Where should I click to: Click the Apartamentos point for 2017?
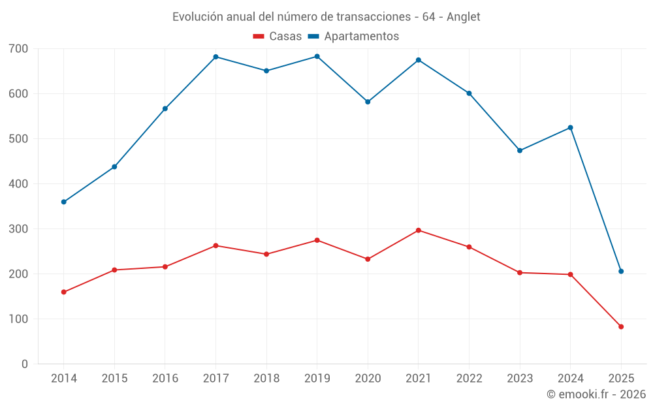(x=215, y=57)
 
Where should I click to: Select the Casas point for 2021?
(x=419, y=230)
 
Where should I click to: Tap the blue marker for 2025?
(x=621, y=272)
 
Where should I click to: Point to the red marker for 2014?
(x=63, y=292)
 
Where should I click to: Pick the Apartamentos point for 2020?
(x=368, y=102)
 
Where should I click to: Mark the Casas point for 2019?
(x=317, y=240)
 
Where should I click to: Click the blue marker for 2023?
(x=520, y=151)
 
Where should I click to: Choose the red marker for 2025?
(x=621, y=327)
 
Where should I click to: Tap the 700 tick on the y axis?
(x=19, y=48)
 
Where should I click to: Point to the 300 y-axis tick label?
(x=19, y=228)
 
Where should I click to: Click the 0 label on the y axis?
(x=25, y=364)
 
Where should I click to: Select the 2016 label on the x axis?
(x=165, y=379)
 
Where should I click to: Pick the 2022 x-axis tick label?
(x=469, y=379)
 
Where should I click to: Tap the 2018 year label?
(x=266, y=379)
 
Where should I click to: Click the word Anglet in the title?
(x=463, y=17)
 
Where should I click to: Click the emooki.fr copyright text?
(x=596, y=394)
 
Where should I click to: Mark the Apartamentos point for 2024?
(x=571, y=128)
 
